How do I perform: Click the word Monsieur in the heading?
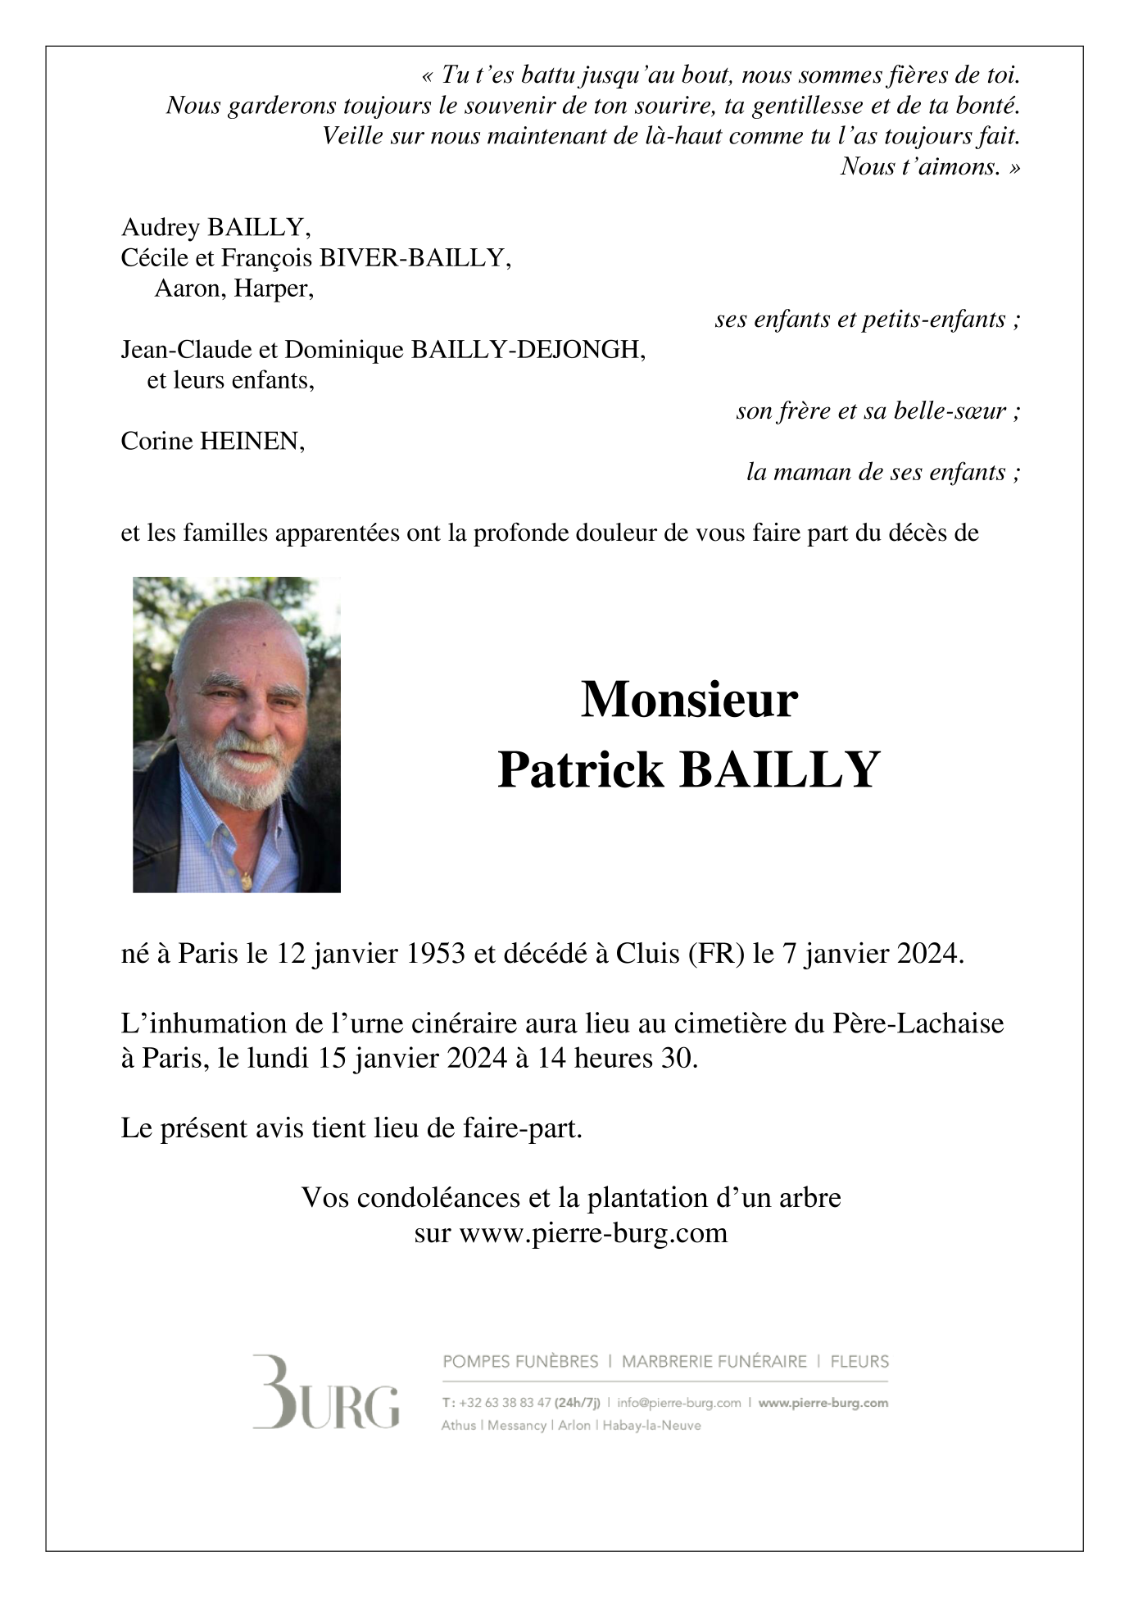pyautogui.click(x=688, y=700)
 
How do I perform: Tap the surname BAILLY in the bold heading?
pyautogui.click(x=779, y=770)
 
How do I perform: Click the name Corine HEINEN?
pyautogui.click(x=212, y=442)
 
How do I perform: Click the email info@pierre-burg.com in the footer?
pyautogui.click(x=679, y=1402)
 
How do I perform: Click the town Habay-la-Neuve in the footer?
pyautogui.click(x=651, y=1425)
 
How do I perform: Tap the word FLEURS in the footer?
pyautogui.click(x=859, y=1362)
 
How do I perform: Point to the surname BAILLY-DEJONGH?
pyautogui.click(x=528, y=350)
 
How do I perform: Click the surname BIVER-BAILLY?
pyautogui.click(x=415, y=258)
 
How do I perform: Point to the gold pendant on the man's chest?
pyautogui.click(x=246, y=880)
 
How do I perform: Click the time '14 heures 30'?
pyautogui.click(x=617, y=1059)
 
